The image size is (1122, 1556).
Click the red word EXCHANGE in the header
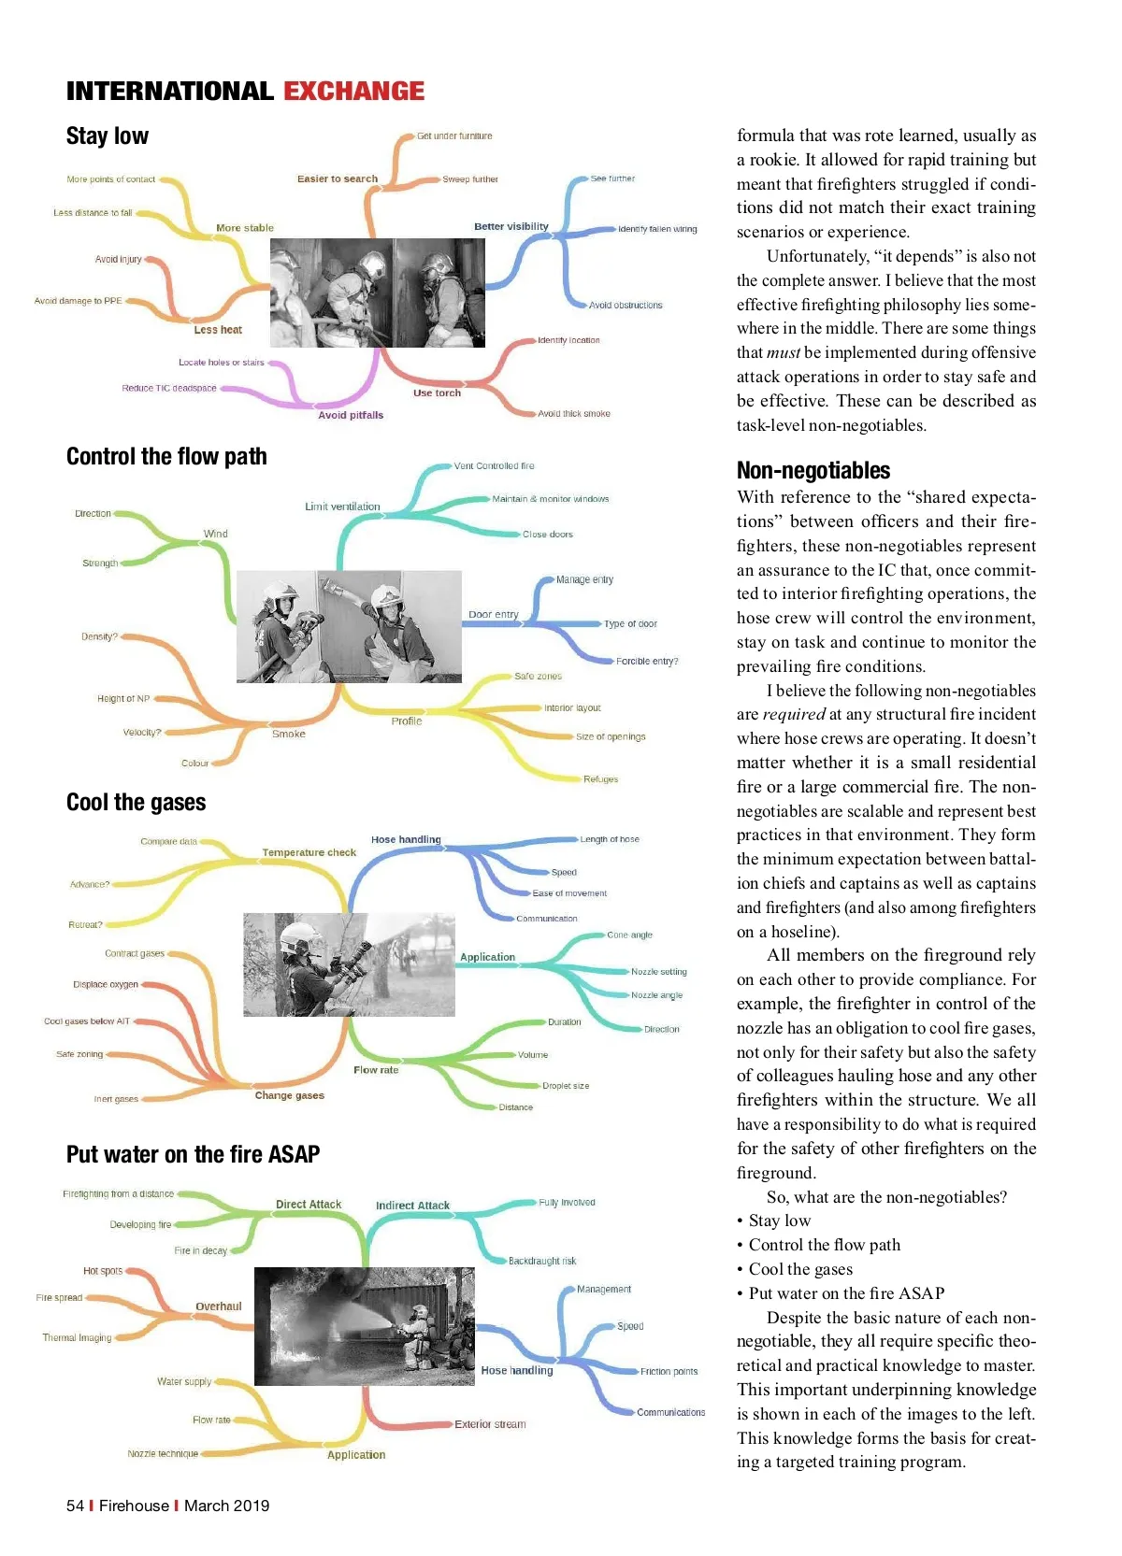pyautogui.click(x=353, y=91)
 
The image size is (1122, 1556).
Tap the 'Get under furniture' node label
pyautogui.click(x=454, y=136)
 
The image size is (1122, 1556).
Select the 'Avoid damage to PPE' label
pyautogui.click(x=79, y=301)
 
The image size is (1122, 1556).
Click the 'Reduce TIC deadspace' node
pyautogui.click(x=169, y=388)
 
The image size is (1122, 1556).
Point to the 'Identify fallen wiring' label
pyautogui.click(x=657, y=229)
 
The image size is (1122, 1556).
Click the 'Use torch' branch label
pyautogui.click(x=437, y=393)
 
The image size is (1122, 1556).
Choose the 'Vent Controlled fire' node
pyautogui.click(x=494, y=465)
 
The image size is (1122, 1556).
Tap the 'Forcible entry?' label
pyautogui.click(x=647, y=661)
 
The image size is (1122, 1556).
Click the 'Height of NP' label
pyautogui.click(x=123, y=698)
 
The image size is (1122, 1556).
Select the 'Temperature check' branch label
pyautogui.click(x=309, y=852)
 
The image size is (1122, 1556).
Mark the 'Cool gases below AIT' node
pyautogui.click(x=87, y=1021)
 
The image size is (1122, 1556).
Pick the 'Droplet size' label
pyautogui.click(x=566, y=1086)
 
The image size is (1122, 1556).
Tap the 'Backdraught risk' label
pyautogui.click(x=542, y=1261)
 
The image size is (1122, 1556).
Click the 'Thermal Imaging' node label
pyautogui.click(x=77, y=1337)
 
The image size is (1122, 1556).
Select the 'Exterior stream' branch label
pyautogui.click(x=490, y=1424)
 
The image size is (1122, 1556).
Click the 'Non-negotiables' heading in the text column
pyautogui.click(x=813, y=470)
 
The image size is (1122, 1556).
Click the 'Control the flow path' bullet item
pyautogui.click(x=824, y=1245)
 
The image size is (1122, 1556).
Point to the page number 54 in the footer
pyautogui.click(x=75, y=1506)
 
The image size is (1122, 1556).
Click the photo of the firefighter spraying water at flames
pyautogui.click(x=365, y=1326)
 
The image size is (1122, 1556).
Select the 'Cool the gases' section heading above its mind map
pyautogui.click(x=137, y=803)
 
